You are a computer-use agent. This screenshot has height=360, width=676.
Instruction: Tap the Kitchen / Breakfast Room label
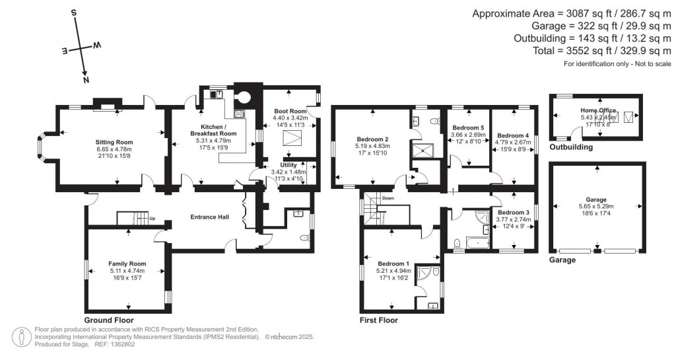(213, 129)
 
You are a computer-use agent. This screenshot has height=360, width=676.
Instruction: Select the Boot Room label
(290, 111)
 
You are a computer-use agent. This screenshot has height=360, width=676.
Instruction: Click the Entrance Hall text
(210, 217)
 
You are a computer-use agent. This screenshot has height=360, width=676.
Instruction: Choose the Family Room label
(127, 264)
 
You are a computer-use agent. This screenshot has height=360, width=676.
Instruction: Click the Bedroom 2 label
(371, 139)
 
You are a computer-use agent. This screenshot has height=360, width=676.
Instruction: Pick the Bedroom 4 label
(513, 135)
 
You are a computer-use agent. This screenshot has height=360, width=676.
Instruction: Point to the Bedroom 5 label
(467, 127)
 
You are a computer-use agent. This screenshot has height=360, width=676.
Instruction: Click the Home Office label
(598, 111)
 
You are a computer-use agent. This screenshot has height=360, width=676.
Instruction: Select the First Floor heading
(378, 320)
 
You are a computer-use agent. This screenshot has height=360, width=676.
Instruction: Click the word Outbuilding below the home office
(570, 147)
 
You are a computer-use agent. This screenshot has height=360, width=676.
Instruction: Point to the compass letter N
(86, 79)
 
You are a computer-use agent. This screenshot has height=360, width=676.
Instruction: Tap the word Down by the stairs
(388, 198)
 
